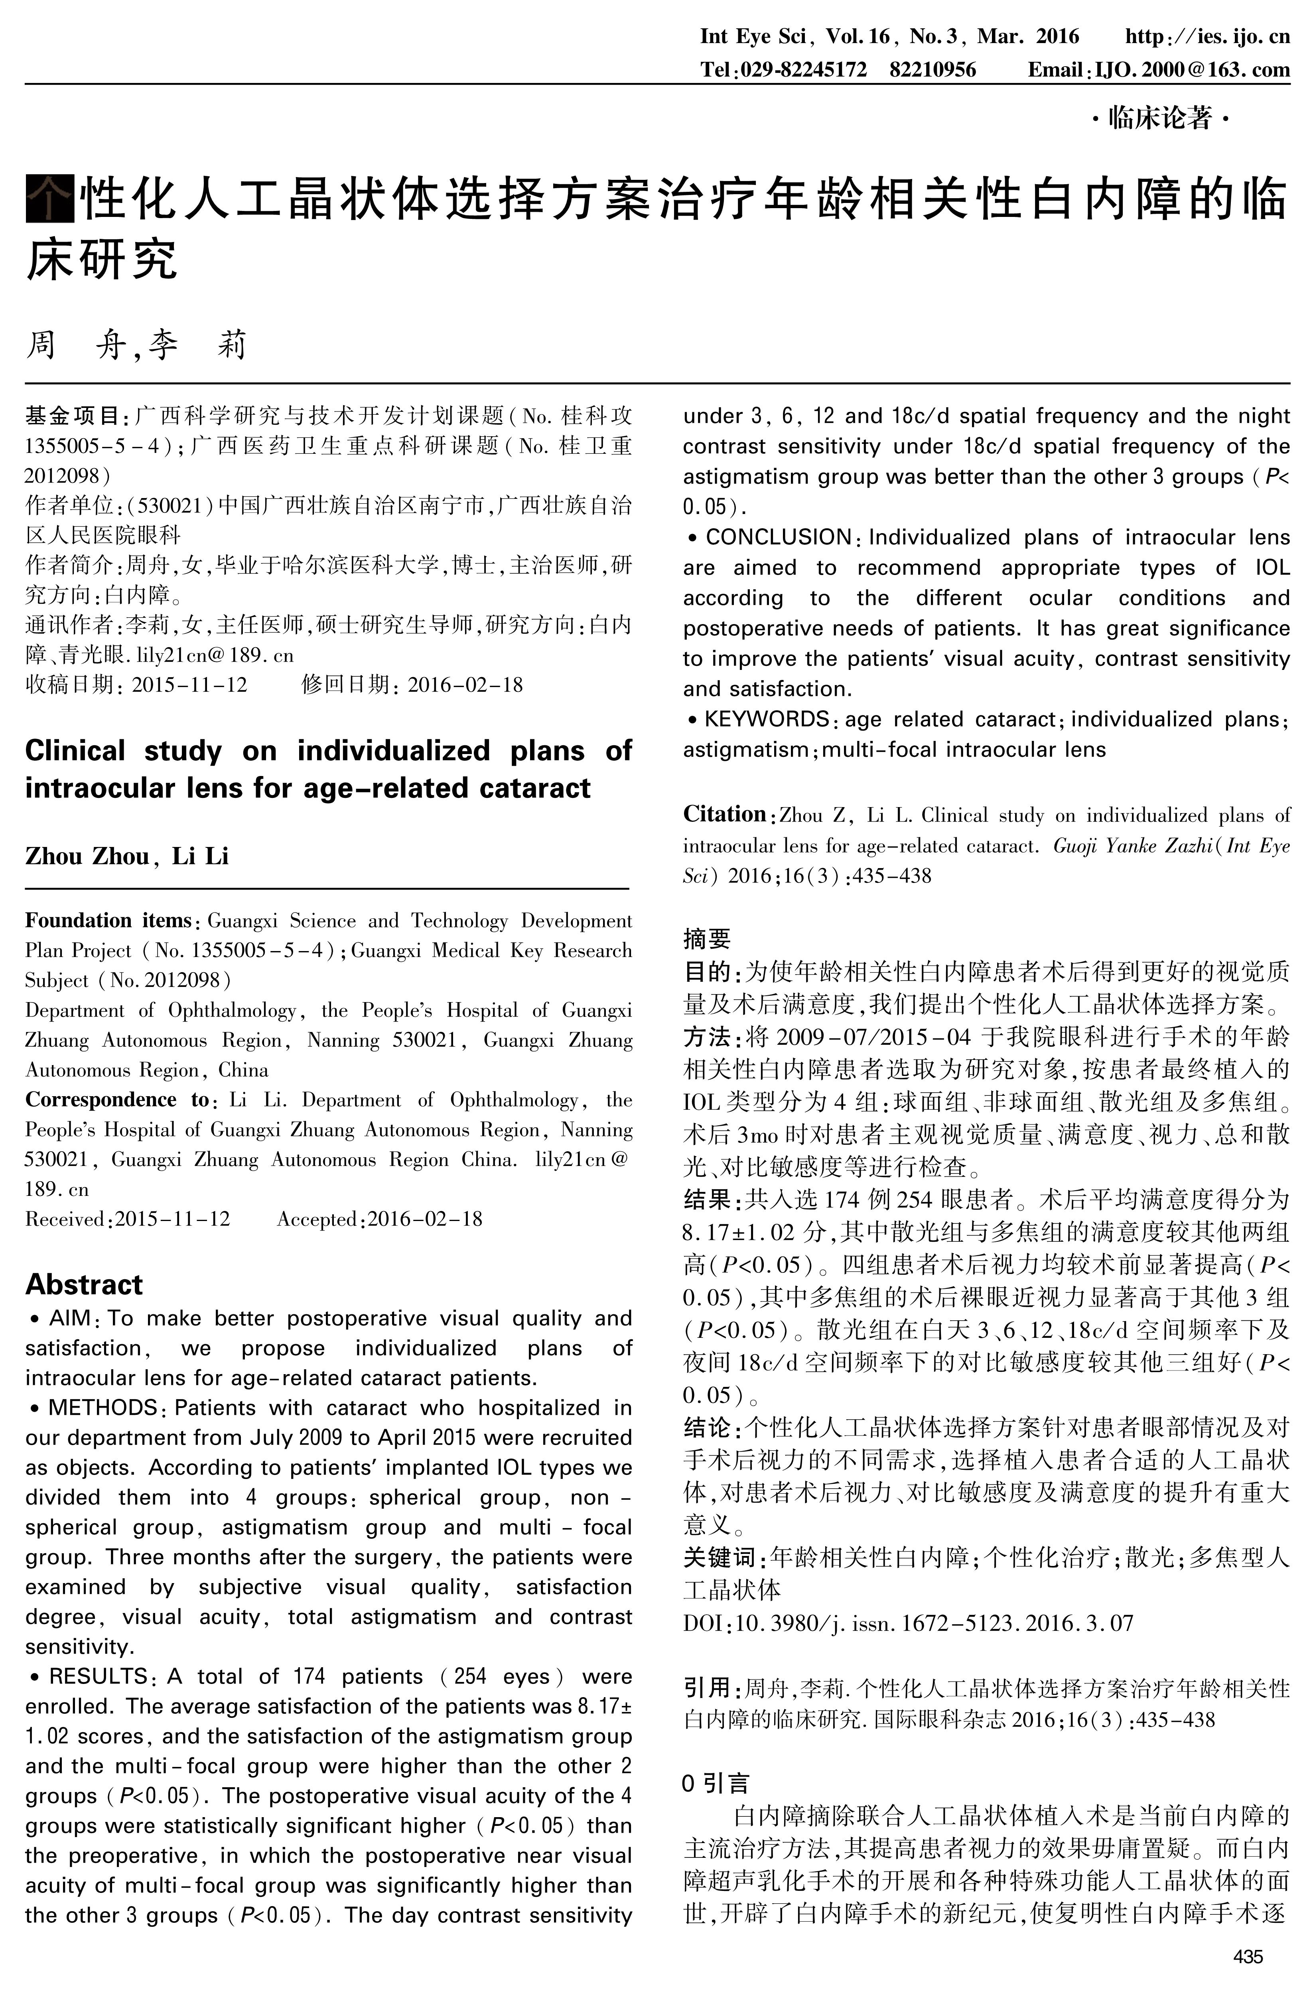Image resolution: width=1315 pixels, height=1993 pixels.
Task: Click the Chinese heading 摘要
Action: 707,938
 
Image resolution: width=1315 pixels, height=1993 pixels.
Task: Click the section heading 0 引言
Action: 716,1783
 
